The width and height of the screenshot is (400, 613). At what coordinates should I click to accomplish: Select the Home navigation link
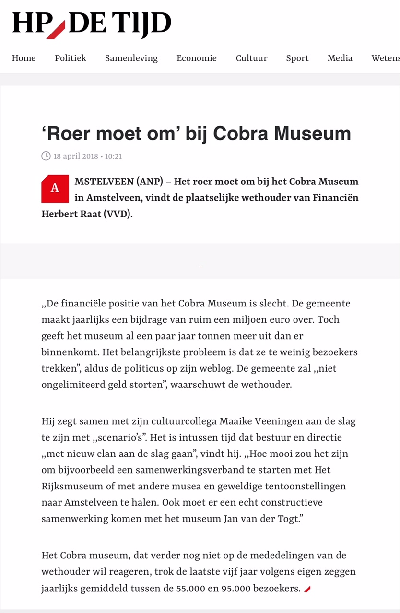pos(24,58)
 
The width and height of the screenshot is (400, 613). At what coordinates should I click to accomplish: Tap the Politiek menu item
pos(71,58)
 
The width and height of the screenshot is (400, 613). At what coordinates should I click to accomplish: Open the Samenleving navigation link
pos(131,58)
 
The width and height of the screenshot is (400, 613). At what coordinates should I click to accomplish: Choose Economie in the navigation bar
pos(197,58)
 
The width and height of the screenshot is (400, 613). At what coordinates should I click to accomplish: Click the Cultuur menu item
pos(251,58)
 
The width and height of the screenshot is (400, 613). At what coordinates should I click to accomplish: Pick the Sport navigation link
pos(297,58)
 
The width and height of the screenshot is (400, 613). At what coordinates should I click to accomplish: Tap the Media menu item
pos(340,58)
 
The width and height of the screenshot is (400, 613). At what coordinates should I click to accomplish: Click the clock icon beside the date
pos(46,156)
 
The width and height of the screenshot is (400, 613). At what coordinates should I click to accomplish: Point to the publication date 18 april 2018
pos(76,156)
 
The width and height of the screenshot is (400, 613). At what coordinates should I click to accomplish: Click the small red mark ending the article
pos(307,589)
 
